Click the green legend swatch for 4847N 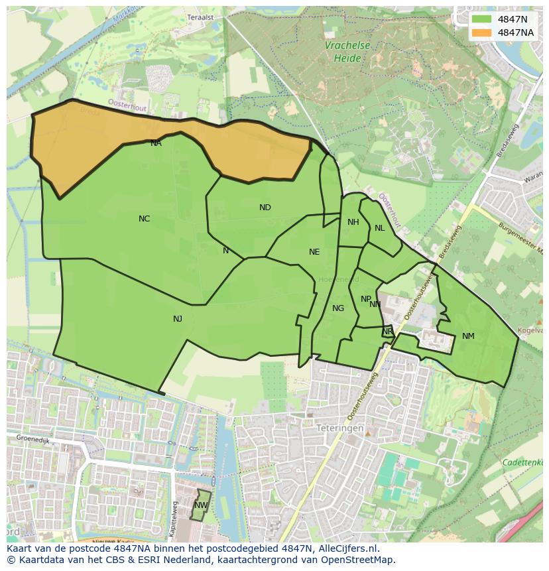482,19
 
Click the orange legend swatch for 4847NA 482,32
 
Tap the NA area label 156,143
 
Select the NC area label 144,219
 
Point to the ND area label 265,208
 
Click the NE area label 314,252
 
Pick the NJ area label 178,319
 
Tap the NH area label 353,222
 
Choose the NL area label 379,228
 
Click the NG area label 338,308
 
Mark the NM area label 468,336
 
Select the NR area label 387,332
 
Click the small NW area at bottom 201,505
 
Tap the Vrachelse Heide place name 347,52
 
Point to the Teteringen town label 339,428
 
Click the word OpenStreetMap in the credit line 358,560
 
